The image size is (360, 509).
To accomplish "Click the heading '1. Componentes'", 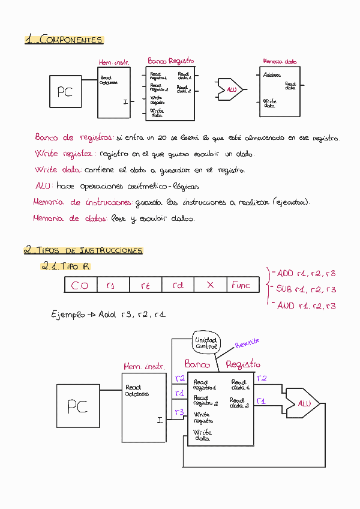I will pos(64,40).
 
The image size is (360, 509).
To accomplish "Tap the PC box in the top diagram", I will pos(65,92).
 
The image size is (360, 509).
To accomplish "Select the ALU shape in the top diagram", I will pos(231,89).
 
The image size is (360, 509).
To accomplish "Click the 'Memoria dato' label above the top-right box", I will pos(280,61).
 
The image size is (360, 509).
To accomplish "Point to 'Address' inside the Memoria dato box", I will pos(272,76).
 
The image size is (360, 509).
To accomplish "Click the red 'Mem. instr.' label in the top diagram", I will pos(114,62).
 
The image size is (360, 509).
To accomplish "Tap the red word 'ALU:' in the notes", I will pos(44,185).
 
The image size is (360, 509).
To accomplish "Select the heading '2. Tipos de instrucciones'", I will pos(83,250).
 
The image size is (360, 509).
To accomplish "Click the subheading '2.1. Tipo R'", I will pos(65,266).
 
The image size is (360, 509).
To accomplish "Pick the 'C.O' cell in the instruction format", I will pos(80,286).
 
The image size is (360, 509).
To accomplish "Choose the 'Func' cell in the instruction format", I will pos(241,285).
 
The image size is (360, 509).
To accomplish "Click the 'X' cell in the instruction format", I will pos(210,285).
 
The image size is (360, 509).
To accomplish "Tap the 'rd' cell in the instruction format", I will pos(178,286).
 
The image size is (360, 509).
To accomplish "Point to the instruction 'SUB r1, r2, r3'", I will pos(305,289).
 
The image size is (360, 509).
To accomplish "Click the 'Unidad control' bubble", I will pos(206,343).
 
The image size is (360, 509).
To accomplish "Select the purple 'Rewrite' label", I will pos(247,343).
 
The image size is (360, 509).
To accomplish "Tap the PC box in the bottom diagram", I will pos(77,406).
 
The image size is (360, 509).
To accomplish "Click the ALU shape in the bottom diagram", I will pos(303,403).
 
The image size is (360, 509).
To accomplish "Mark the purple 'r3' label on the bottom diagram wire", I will pos(179,412).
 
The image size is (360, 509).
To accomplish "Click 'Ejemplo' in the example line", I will pos(68,314).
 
